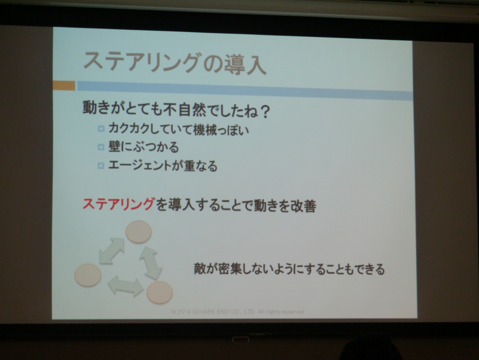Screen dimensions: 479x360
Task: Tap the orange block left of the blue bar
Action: [64, 86]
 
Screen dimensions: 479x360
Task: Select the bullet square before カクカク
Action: [101, 128]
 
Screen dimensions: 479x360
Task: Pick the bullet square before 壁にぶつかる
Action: [101, 147]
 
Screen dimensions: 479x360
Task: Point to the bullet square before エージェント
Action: [101, 165]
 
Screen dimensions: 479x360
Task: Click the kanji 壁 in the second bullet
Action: [114, 147]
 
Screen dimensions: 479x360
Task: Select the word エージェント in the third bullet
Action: [139, 165]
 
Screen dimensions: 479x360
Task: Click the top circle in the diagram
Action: [139, 232]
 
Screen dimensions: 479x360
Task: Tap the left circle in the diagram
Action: [88, 275]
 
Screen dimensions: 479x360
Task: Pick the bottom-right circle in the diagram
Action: [160, 292]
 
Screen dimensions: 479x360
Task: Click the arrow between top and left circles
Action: [112, 251]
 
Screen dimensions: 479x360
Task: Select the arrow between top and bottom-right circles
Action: [151, 263]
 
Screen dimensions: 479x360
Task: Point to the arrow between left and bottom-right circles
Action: [126, 286]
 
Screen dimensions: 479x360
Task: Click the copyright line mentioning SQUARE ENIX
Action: [238, 312]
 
